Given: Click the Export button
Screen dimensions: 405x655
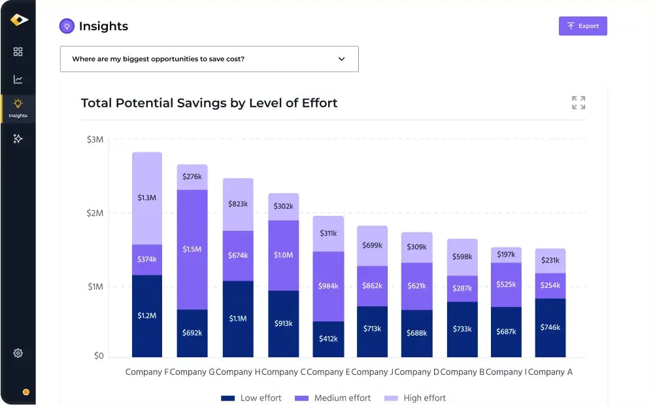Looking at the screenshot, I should tap(582, 26).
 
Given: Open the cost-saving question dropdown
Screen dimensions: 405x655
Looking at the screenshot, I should tap(209, 59).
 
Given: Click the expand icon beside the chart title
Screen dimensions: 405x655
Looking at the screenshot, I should tap(578, 103).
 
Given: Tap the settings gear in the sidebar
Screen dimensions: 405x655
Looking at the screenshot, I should tap(18, 353).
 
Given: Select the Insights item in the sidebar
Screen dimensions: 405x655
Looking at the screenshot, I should tap(18, 108).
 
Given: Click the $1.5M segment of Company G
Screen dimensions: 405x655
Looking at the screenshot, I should tap(192, 249).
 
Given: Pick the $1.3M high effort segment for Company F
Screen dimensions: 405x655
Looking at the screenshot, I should tap(147, 198).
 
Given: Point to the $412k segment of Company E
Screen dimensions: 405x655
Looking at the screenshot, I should tap(328, 338).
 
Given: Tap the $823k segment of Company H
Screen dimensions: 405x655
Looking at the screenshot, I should tap(238, 204).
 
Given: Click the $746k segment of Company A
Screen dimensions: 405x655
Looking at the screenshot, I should tap(550, 327).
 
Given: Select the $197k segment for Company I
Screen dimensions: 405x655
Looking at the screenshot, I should tap(506, 255).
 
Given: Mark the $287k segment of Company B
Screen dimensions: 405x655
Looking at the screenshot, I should tap(462, 288).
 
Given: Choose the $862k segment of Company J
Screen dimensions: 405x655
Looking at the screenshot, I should tap(372, 285).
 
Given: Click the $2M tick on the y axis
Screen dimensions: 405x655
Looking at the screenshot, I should tap(95, 213).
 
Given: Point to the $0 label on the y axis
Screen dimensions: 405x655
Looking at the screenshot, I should tap(98, 356).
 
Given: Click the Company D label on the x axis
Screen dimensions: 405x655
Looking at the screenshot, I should tap(417, 372).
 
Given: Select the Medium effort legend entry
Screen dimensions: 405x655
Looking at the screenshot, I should tap(334, 398).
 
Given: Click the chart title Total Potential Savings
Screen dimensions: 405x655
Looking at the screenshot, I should tap(209, 103).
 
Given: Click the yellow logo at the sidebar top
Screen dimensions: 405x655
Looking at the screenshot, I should tap(19, 20).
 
